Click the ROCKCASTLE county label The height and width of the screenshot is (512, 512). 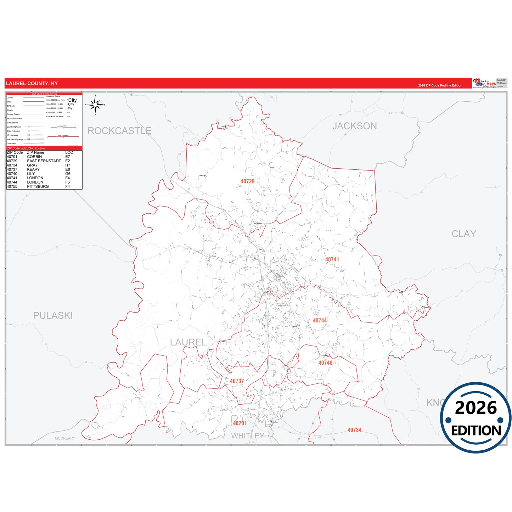pos(119,131)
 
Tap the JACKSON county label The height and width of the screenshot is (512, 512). pos(354,126)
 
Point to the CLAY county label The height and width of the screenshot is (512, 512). pos(463,234)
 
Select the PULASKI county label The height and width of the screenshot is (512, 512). pos(53,315)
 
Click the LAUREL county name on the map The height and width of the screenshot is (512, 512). pos(188,342)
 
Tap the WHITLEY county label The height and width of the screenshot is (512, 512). pos(247,436)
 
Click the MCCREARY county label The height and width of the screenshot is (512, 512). pos(65,438)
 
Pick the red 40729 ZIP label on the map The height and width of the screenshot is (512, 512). pos(247,181)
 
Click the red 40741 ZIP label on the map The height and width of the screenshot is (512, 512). pos(332,259)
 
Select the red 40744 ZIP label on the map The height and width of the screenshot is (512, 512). pos(320,320)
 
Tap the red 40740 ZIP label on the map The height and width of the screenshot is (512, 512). pos(325,362)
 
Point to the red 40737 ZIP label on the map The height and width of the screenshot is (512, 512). pos(237,381)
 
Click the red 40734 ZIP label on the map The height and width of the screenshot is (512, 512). pos(354,430)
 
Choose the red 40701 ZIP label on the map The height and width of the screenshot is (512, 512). pos(240,423)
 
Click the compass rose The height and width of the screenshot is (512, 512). pos(95,105)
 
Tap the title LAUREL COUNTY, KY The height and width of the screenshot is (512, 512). pos(32,84)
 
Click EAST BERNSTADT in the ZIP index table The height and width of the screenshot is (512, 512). pos(44,161)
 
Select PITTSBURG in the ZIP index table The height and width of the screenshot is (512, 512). pos(38,186)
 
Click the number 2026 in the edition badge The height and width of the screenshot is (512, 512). pos(476,408)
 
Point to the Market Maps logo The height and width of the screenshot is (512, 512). pos(484,83)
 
